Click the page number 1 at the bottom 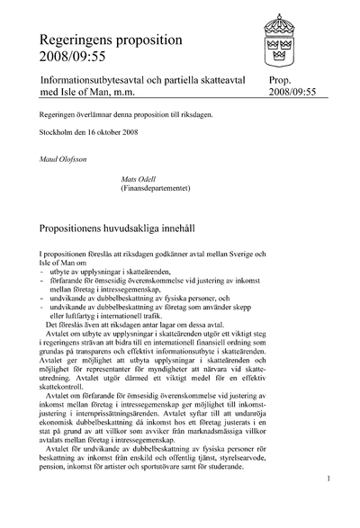[x=329, y=504]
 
